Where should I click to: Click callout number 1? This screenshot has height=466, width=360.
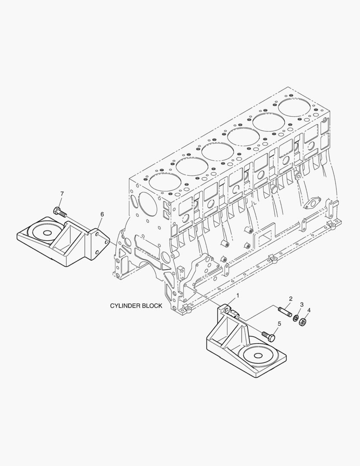[x=237, y=296]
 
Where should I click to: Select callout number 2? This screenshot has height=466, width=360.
[x=291, y=299]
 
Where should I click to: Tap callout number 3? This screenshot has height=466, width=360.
[x=302, y=304]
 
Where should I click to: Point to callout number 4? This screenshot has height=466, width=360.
[x=309, y=310]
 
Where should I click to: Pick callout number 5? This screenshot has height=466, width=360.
[x=279, y=324]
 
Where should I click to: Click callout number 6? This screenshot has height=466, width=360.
[x=102, y=214]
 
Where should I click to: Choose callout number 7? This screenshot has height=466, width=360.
[x=62, y=194]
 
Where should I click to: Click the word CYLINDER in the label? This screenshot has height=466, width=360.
[x=125, y=306]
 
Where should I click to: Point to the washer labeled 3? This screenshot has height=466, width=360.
[x=296, y=318]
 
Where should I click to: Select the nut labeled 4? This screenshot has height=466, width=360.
[x=303, y=321]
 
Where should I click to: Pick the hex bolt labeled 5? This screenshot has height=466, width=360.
[x=269, y=336]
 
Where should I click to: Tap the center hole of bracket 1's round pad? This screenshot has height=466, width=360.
[x=258, y=355]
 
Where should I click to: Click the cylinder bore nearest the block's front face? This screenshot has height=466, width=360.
[x=165, y=182]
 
